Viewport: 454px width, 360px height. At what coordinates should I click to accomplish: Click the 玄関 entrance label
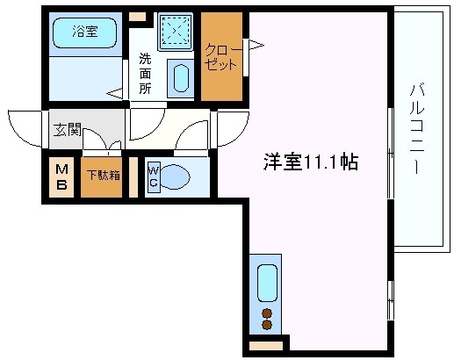point(67,131)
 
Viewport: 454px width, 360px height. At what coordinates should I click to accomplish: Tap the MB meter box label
point(62,176)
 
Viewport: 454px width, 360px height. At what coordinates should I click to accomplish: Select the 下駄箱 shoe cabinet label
point(103,174)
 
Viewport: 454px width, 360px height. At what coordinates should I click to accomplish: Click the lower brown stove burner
point(267,326)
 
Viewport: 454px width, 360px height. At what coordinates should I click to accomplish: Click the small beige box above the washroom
point(138,16)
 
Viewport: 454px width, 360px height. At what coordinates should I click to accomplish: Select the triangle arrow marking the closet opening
point(256,43)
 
